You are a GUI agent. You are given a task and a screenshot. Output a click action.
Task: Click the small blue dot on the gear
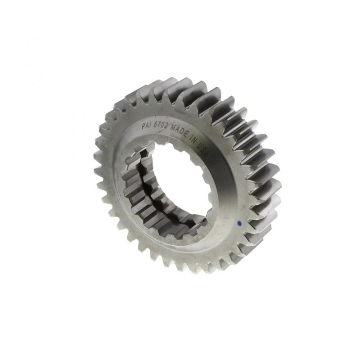[240, 222]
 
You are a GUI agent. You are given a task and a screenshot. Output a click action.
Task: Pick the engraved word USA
[202, 149]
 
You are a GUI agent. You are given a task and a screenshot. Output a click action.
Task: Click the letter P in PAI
[144, 126]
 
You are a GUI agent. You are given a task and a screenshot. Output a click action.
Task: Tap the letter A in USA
[205, 153]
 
